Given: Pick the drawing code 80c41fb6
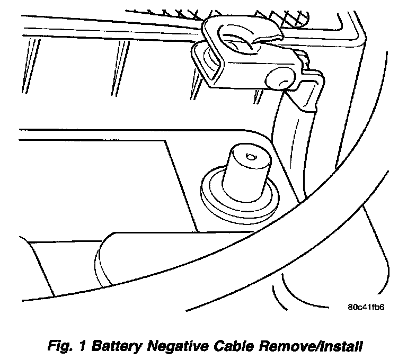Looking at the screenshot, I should tap(366, 307).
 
